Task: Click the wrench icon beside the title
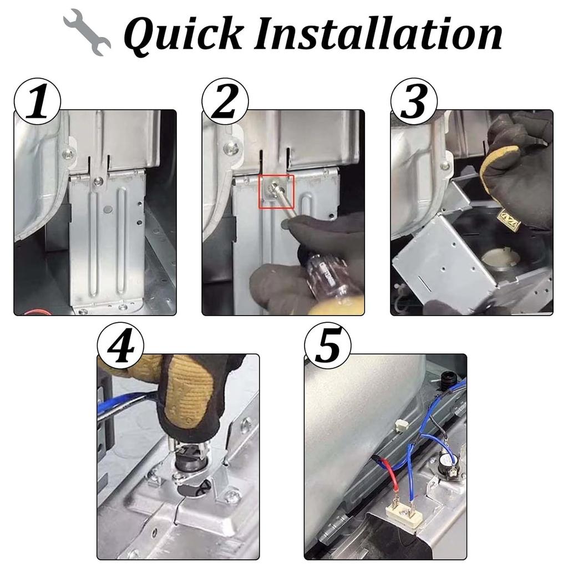pyautogui.click(x=87, y=33)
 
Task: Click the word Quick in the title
pyautogui.click(x=183, y=34)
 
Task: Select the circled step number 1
pyautogui.click(x=37, y=102)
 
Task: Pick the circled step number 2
pyautogui.click(x=225, y=102)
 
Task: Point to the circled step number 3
pyautogui.click(x=414, y=102)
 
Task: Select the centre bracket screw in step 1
pyautogui.click(x=97, y=181)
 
